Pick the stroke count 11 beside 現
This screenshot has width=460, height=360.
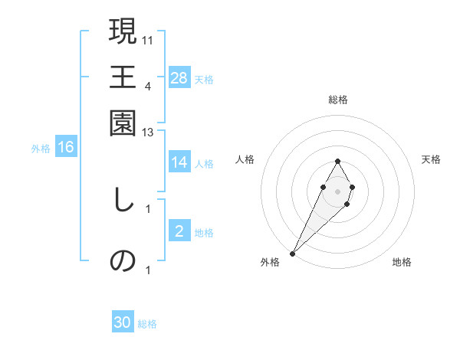pos(148,39)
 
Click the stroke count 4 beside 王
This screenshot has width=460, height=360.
pos(148,86)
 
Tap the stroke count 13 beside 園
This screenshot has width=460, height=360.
pos(148,133)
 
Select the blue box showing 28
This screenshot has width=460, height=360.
pos(179,78)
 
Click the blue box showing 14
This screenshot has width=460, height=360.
pos(179,162)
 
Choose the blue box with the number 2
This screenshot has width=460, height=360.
pos(179,232)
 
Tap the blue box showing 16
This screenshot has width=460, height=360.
pos(66,148)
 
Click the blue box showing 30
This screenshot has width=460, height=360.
pos(123,323)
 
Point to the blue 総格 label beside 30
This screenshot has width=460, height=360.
pos(147,324)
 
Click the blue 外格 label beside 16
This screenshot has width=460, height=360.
pos(41,149)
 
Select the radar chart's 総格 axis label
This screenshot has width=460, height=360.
pos(337,100)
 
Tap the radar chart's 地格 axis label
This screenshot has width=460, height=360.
pos(402,262)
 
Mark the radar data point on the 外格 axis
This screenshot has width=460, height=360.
pos(292,253)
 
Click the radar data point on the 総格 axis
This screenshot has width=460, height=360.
pos(337,161)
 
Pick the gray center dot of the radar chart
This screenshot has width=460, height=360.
pos(337,190)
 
